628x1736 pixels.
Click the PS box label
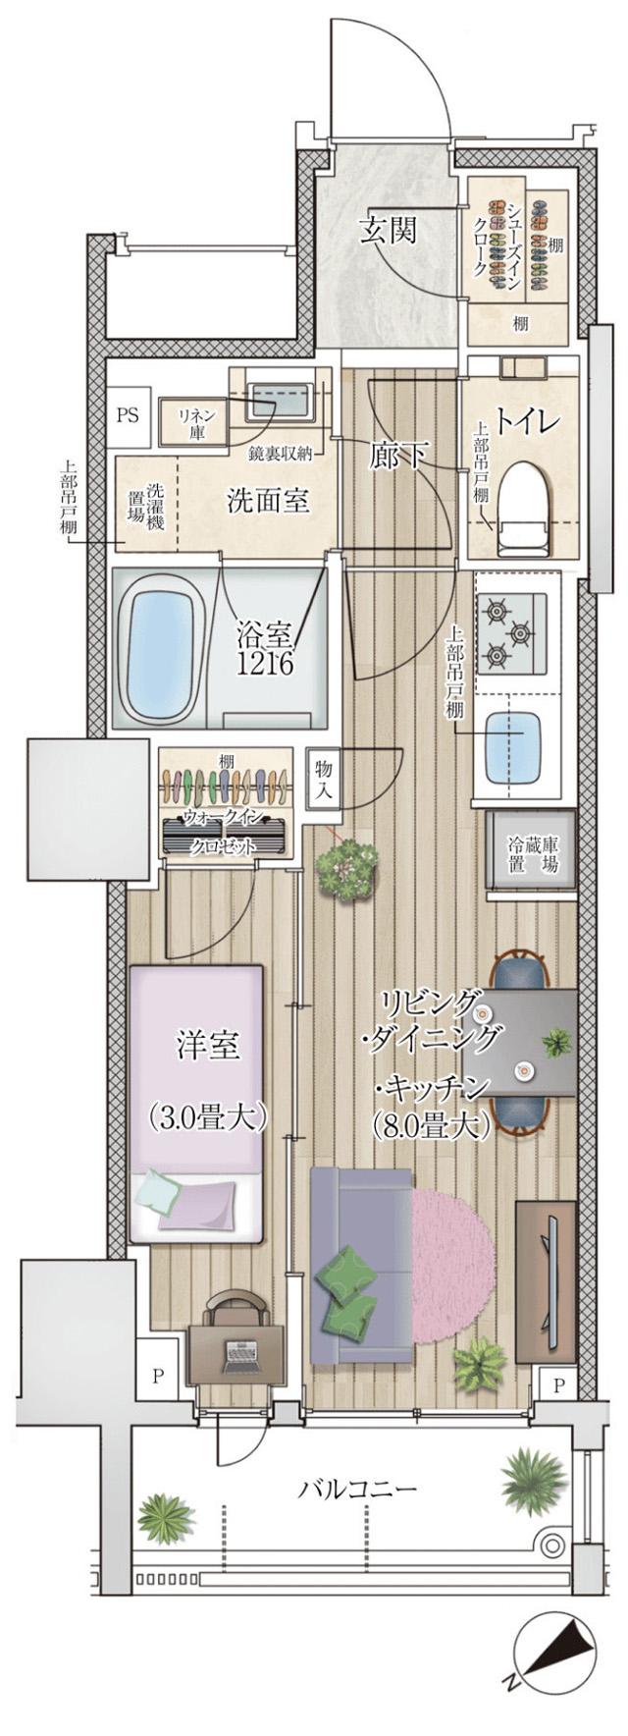point(129,413)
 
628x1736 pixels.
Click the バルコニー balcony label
point(357,1489)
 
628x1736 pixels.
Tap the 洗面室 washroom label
point(268,501)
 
